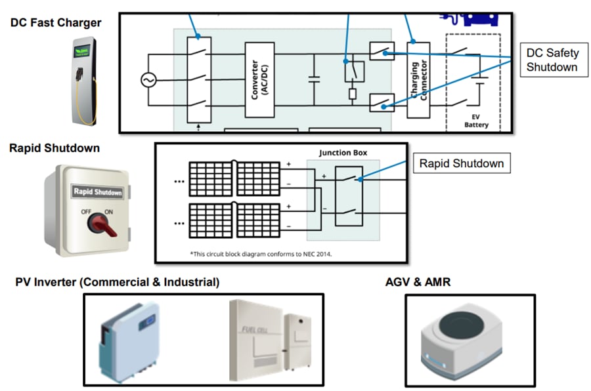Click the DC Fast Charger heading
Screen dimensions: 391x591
click(56, 23)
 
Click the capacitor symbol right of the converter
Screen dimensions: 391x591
click(314, 80)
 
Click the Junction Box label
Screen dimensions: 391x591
click(343, 153)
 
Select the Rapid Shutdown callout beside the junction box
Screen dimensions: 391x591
click(461, 163)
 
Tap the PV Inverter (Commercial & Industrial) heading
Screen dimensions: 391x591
click(118, 282)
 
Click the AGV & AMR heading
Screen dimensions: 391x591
click(418, 282)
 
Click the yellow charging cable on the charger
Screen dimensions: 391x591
click(79, 105)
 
